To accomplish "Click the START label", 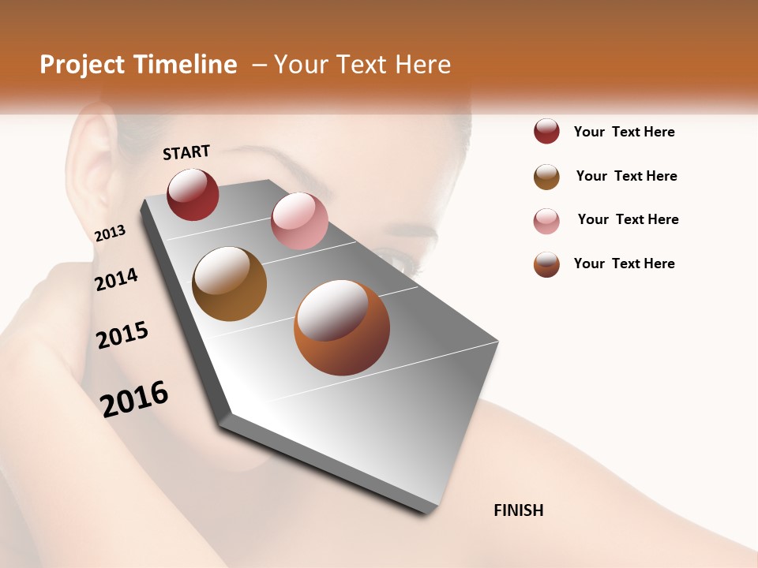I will (x=186, y=152).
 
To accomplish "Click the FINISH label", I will (x=518, y=510).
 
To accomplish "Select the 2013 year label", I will (x=110, y=234).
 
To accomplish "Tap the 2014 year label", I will (x=116, y=279).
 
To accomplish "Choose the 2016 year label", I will (x=134, y=398).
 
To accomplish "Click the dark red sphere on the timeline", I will (x=193, y=194).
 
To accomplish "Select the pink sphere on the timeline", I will (x=299, y=221).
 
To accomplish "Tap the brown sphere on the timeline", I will (x=229, y=284).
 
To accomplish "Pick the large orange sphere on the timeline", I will (x=342, y=327).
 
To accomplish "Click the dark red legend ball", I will (x=546, y=131).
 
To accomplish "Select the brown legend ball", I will (x=546, y=177).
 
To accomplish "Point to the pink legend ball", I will (x=546, y=221).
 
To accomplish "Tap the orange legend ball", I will (x=546, y=264).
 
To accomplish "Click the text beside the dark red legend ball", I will (x=624, y=133).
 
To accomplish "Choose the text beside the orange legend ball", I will (x=624, y=263).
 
